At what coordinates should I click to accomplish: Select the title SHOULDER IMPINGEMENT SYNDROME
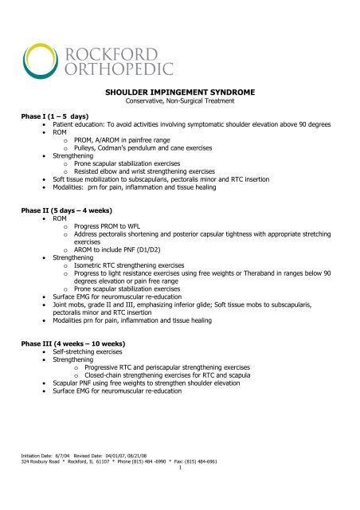pyautogui.click(x=180, y=92)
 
